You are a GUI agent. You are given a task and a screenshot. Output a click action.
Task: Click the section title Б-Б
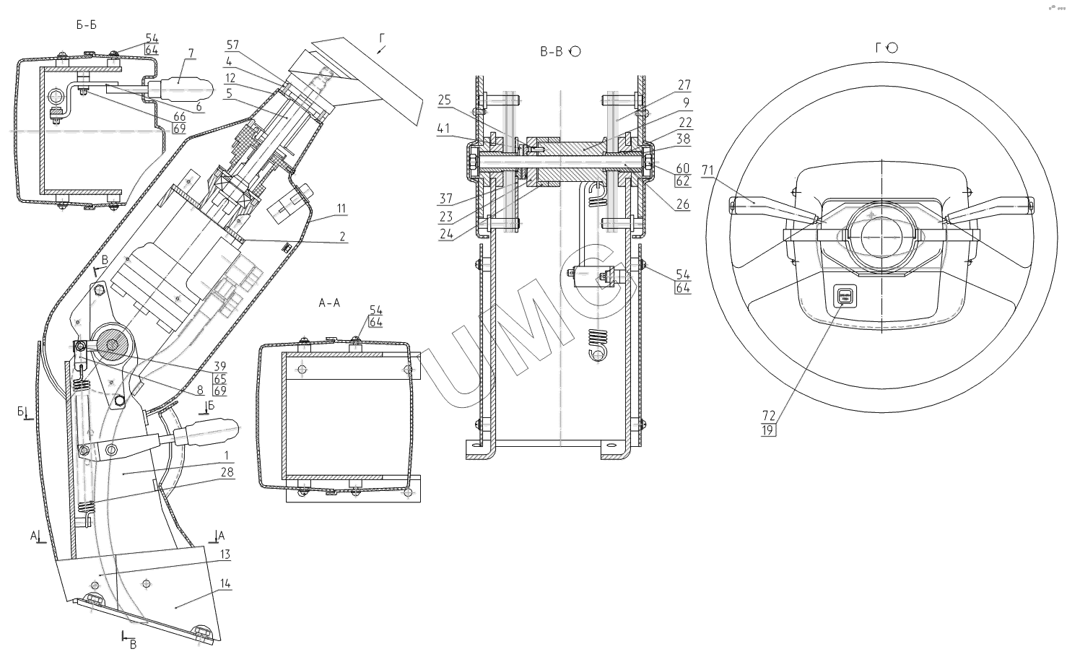86,25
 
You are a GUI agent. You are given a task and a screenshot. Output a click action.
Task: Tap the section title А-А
329,304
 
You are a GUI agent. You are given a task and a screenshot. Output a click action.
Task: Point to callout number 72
767,416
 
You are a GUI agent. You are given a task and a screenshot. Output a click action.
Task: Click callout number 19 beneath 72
767,430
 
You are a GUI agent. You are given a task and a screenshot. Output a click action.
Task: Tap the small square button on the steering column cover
845,295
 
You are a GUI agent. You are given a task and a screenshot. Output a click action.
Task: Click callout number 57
232,44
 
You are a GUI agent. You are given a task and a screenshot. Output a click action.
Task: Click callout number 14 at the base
225,583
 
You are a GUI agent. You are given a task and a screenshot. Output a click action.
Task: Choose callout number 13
225,554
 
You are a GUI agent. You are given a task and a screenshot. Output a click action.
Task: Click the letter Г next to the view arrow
382,36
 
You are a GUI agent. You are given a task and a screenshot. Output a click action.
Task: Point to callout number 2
342,236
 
